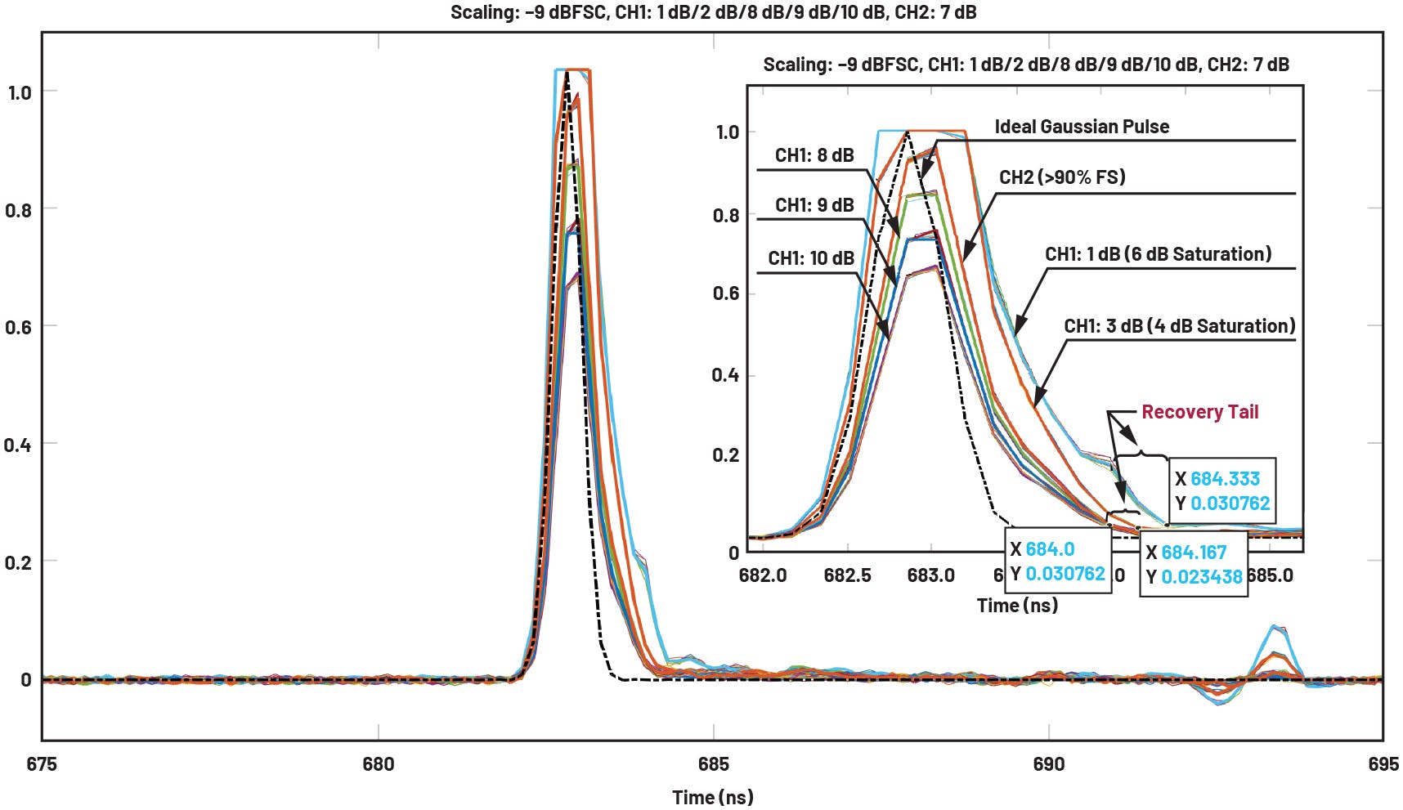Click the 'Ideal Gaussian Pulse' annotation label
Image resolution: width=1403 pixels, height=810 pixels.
point(1081,127)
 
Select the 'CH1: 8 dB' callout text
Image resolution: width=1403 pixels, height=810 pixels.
point(814,155)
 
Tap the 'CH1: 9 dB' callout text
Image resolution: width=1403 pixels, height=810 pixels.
point(814,205)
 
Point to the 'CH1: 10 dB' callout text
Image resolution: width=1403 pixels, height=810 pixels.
point(810,258)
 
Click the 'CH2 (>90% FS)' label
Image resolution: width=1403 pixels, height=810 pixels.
point(1062,177)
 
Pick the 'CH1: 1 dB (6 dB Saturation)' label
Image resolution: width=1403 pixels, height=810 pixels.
point(1158,254)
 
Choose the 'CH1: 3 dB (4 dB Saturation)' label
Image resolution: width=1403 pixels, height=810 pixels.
point(1179,326)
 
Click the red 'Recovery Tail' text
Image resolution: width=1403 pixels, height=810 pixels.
point(1199,412)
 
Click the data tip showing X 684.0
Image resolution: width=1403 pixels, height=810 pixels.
point(1058,561)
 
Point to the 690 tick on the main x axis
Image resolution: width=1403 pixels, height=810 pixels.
point(1048,764)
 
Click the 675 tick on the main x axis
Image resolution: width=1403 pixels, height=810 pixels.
point(42,764)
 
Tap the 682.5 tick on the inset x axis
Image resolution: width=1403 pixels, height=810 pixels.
point(847,575)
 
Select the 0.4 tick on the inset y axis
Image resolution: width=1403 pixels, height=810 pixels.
point(725,375)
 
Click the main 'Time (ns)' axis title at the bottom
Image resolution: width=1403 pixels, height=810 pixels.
point(712,797)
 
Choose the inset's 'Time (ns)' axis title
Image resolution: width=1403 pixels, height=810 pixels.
point(1017,606)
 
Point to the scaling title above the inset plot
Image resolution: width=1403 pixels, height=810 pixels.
point(1025,65)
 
